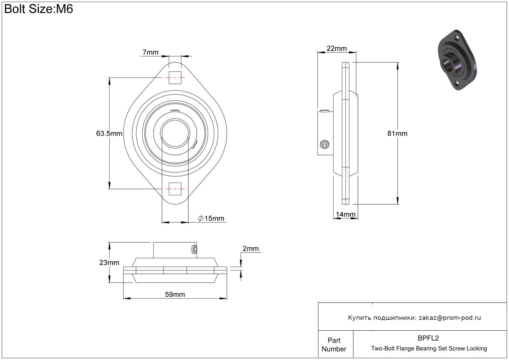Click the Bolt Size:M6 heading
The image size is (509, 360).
coord(39,9)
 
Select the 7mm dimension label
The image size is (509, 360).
coord(151,52)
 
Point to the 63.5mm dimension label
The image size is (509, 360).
coord(109,133)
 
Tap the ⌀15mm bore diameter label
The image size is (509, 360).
coord(211,218)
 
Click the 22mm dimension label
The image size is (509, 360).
coord(337,49)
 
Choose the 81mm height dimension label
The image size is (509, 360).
coord(397,133)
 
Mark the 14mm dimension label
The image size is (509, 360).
coord(346,214)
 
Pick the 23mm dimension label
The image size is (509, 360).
coord(109,262)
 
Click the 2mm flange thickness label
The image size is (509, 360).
coord(250,248)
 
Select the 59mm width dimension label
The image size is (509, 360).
coord(175,294)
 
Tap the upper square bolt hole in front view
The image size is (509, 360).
coord(175,78)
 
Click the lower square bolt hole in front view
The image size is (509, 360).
coord(175,189)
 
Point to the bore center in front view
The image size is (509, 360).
coord(175,133)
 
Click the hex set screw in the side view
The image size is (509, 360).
coord(324,144)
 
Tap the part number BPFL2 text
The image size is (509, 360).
coord(428,338)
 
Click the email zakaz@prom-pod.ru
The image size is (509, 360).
coord(450,318)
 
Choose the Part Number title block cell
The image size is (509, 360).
coord(334,345)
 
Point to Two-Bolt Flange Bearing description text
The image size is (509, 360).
coord(429,349)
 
